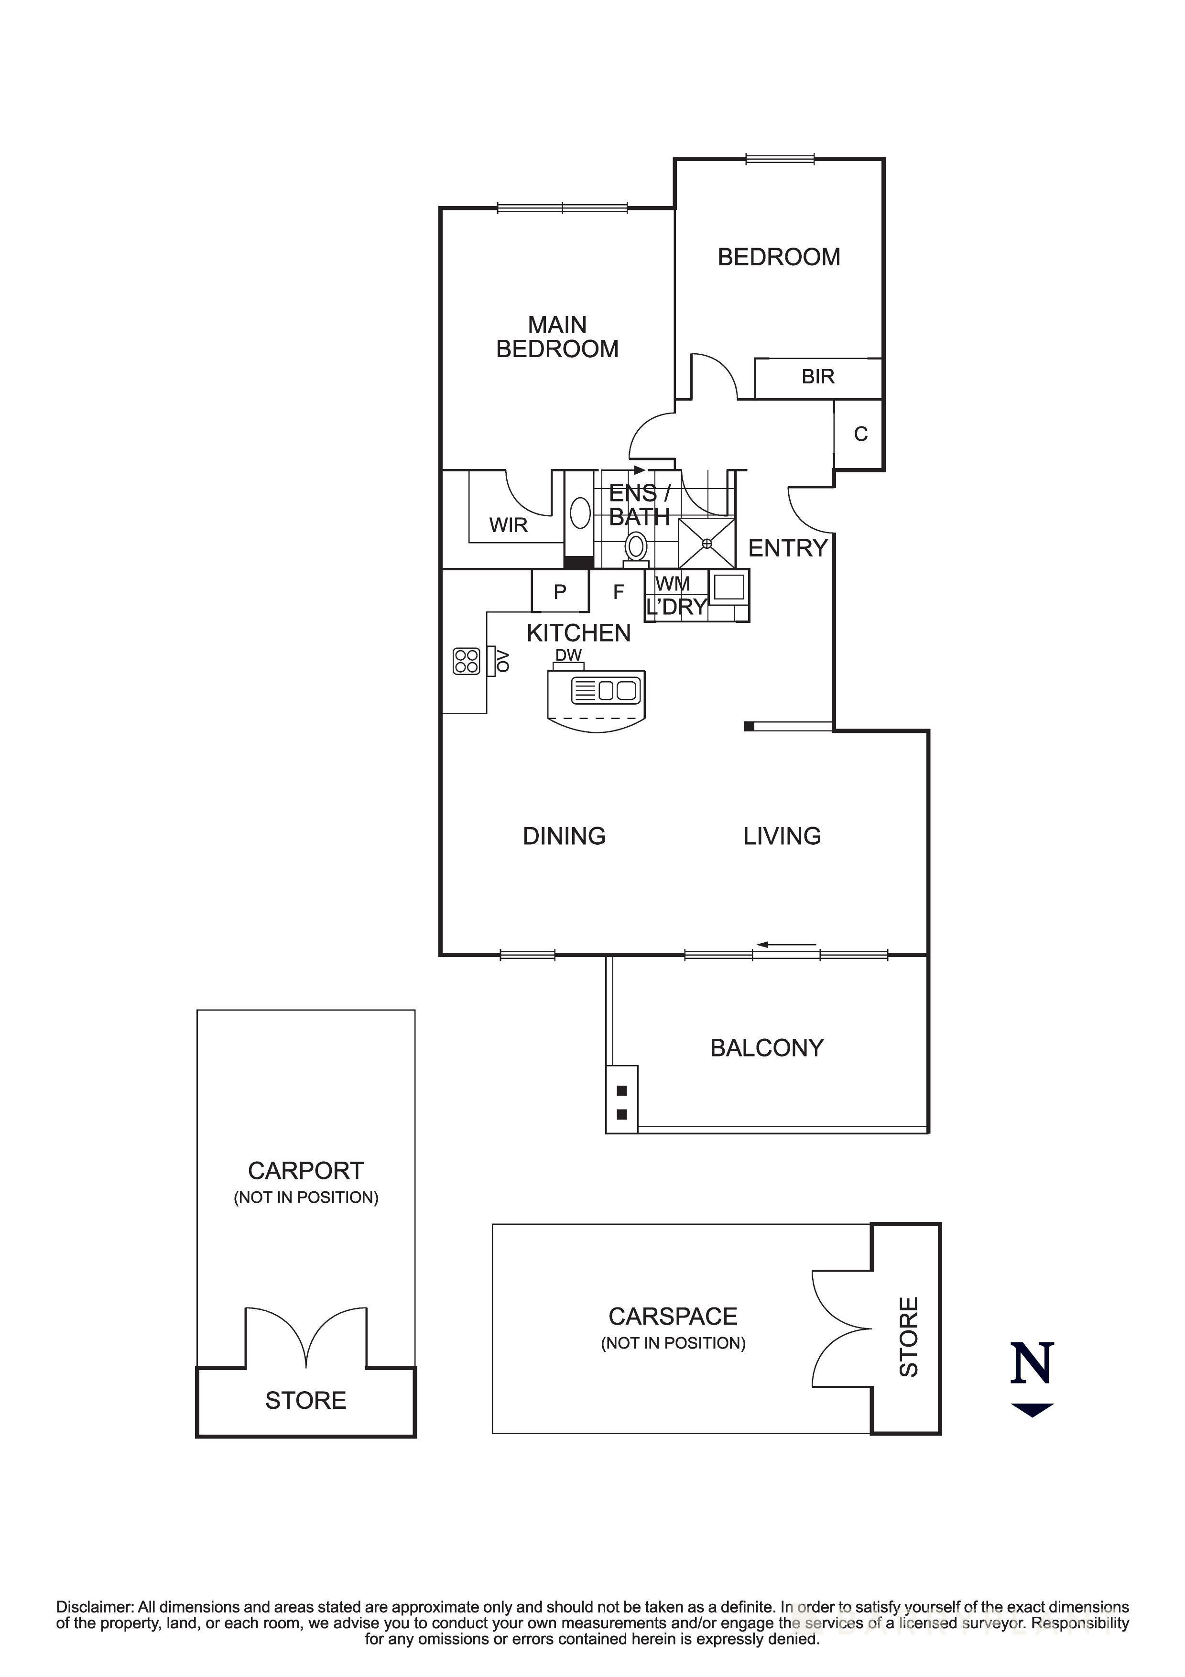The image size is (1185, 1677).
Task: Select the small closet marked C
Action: [x=860, y=435]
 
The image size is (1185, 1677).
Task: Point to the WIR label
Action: [x=508, y=525]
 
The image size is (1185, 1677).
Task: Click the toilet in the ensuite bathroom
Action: [x=636, y=547]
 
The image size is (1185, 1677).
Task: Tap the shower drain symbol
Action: [x=706, y=544]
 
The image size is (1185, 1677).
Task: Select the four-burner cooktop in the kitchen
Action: [x=466, y=661]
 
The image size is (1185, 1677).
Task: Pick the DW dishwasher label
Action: [x=568, y=655]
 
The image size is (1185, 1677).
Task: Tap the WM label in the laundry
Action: [x=673, y=584]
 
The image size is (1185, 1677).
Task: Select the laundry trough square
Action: [x=728, y=587]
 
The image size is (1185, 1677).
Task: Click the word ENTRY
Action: [x=787, y=548]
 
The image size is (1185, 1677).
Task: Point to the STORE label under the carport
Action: [x=305, y=1400]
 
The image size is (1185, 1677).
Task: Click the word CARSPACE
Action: [x=673, y=1316]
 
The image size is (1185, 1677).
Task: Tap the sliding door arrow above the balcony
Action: [x=786, y=945]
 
